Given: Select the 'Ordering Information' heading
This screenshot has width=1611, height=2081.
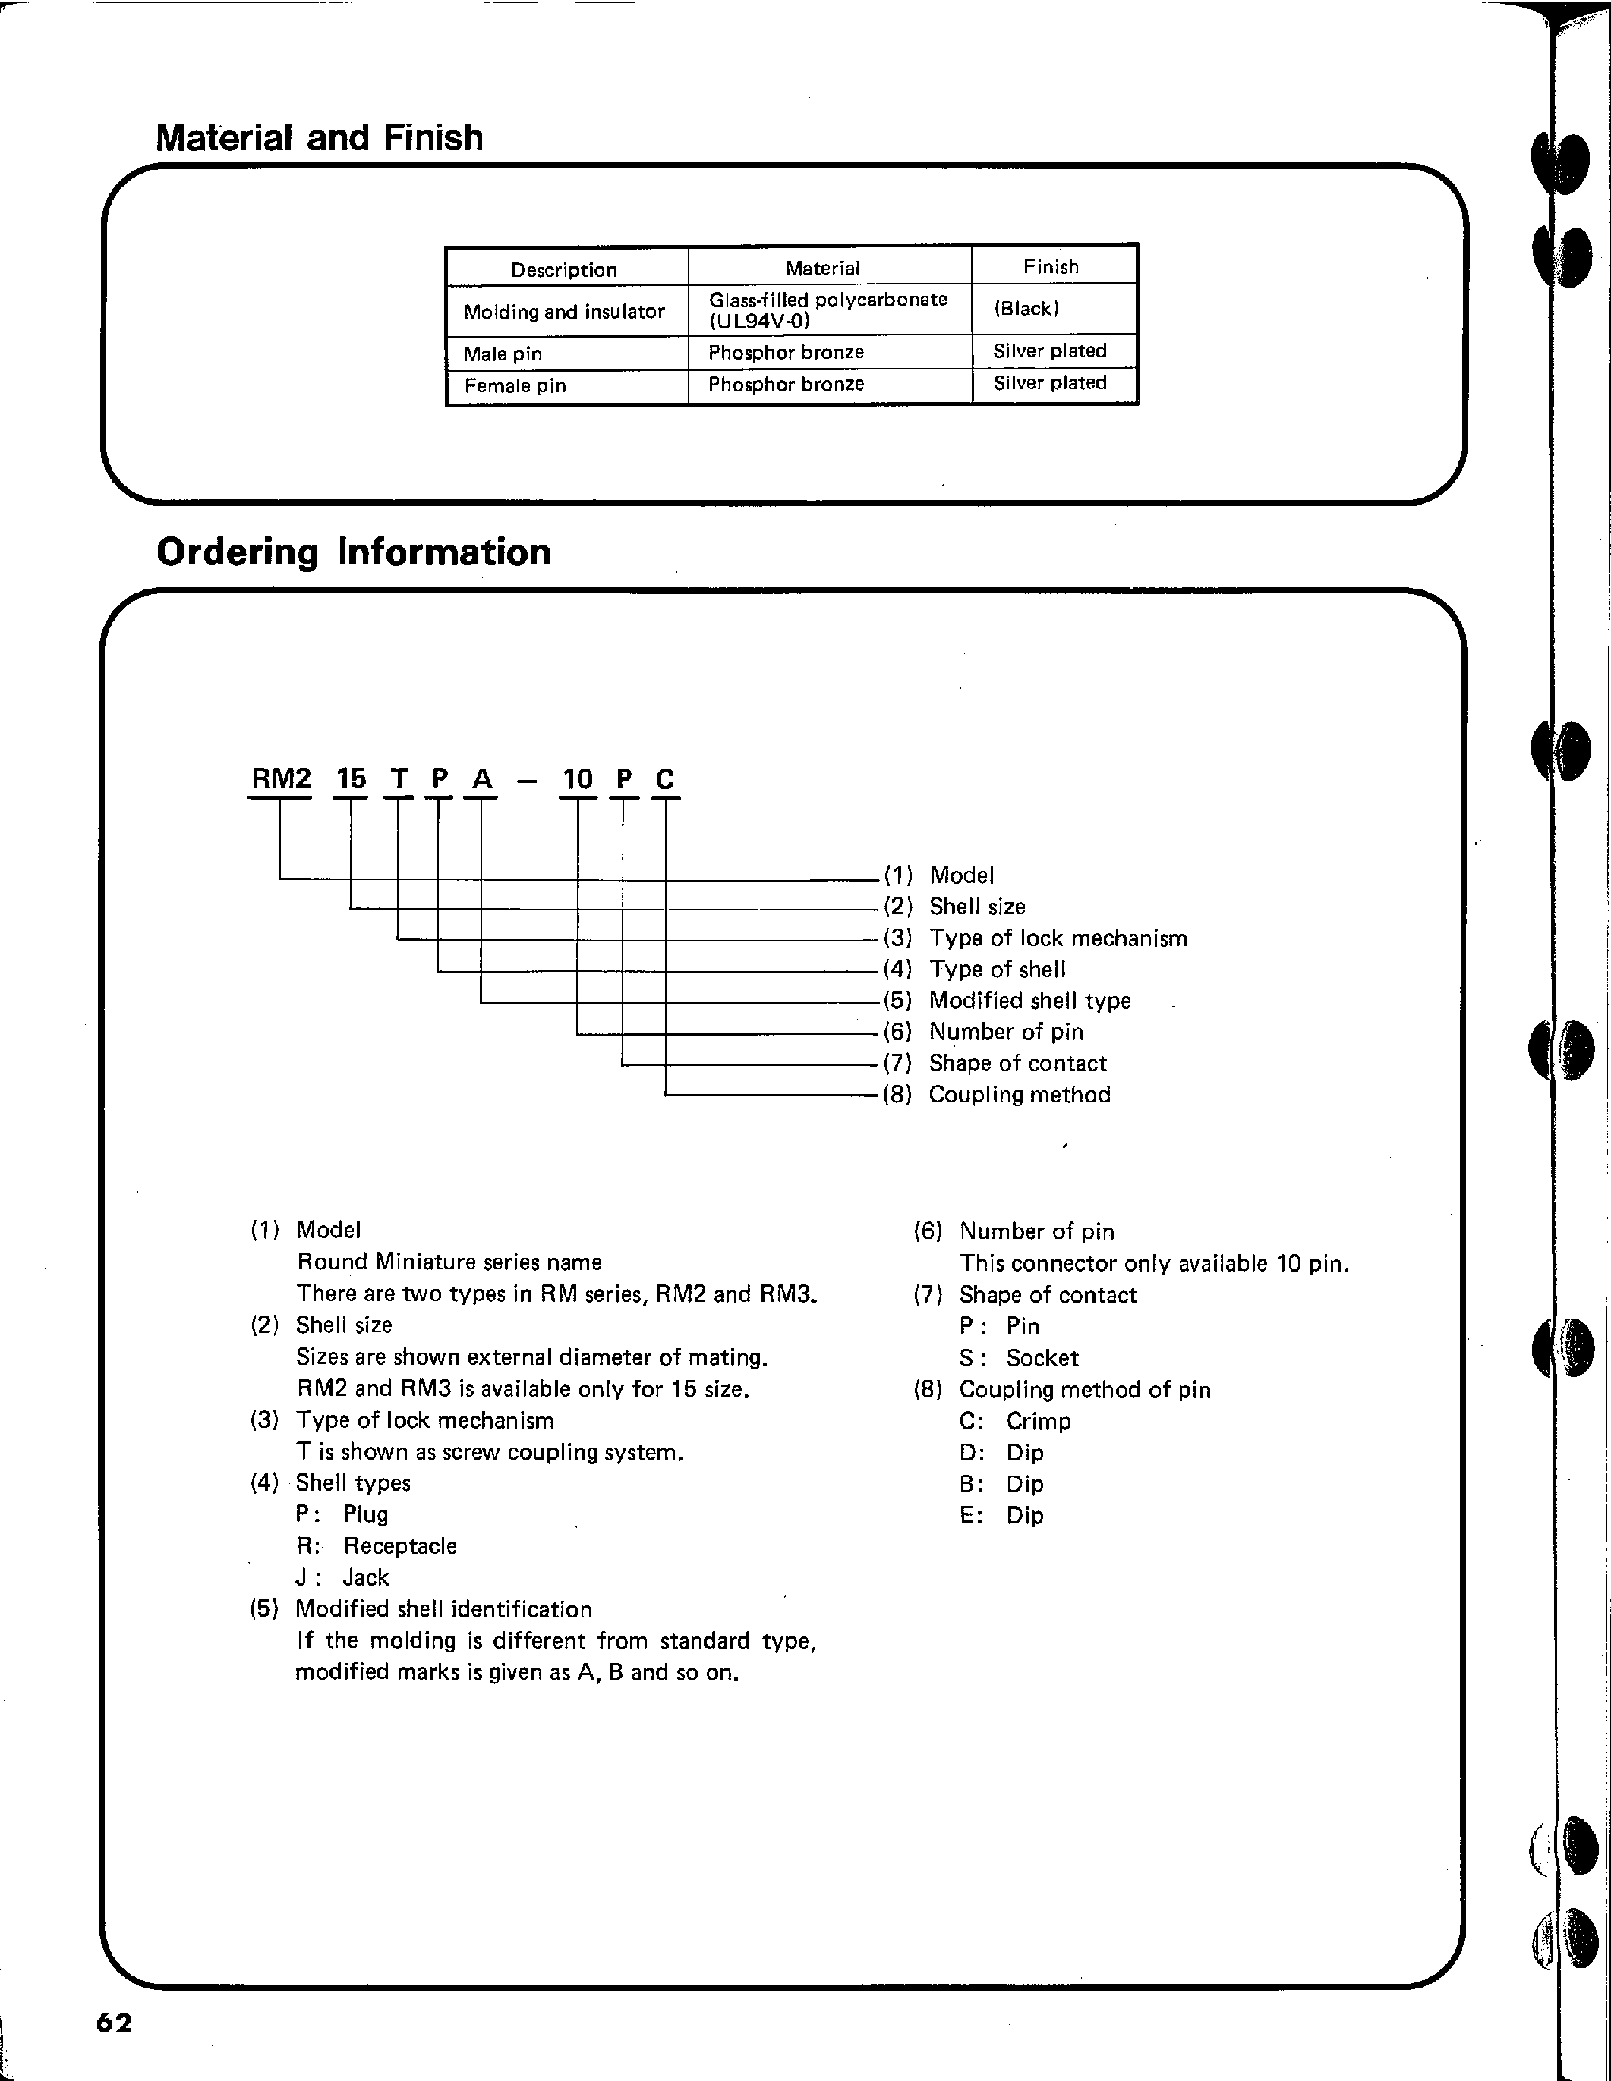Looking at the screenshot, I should [353, 552].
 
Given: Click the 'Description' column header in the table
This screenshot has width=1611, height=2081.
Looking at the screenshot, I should [563, 269].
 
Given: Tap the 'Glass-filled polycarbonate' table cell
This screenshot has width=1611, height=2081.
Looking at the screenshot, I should [828, 300].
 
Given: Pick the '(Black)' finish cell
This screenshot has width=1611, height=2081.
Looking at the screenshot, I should [1026, 309].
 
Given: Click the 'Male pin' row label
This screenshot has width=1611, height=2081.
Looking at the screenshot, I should [503, 354].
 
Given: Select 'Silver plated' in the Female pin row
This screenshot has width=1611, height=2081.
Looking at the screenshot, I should [1049, 383].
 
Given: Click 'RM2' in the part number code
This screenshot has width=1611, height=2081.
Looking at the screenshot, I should [280, 779].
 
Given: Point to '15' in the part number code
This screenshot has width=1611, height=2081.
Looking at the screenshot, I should [351, 779].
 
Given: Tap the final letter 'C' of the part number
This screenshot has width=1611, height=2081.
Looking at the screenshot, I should [664, 779].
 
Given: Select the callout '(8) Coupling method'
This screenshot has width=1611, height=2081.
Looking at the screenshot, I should [997, 1095].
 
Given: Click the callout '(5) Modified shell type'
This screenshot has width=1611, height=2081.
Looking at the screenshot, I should [1007, 1001].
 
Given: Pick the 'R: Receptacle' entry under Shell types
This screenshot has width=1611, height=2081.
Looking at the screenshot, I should [377, 1545].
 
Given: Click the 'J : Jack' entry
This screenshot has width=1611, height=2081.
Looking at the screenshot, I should [343, 1577].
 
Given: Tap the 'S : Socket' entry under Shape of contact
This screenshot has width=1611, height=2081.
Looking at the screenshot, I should [1019, 1358].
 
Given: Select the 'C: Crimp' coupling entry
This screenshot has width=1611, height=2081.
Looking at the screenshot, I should [1015, 1422].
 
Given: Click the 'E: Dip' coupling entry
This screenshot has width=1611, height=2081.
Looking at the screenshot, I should [1002, 1515].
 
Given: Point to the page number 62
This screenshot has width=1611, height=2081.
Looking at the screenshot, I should [115, 2023].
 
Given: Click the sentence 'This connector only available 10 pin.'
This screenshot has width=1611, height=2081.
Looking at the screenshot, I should [1153, 1263].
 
